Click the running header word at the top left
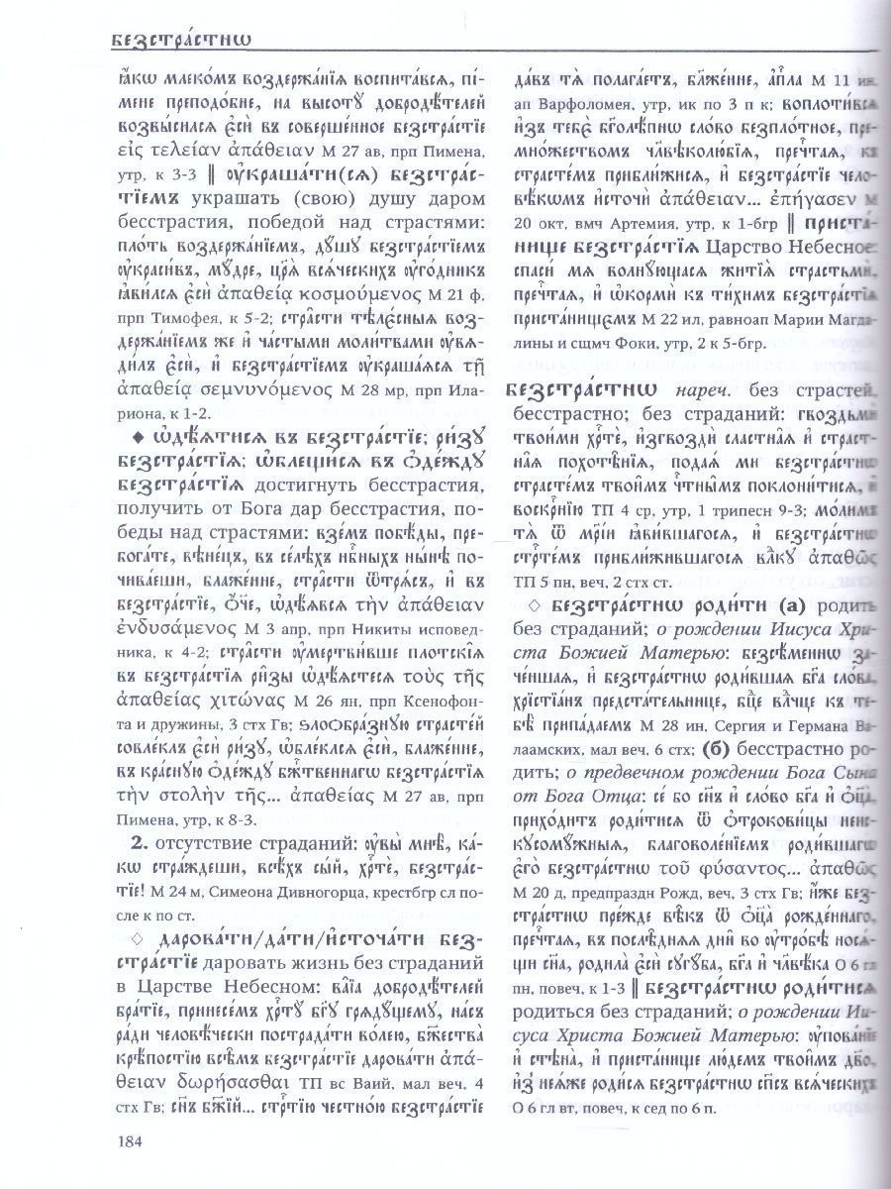tap(179, 40)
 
